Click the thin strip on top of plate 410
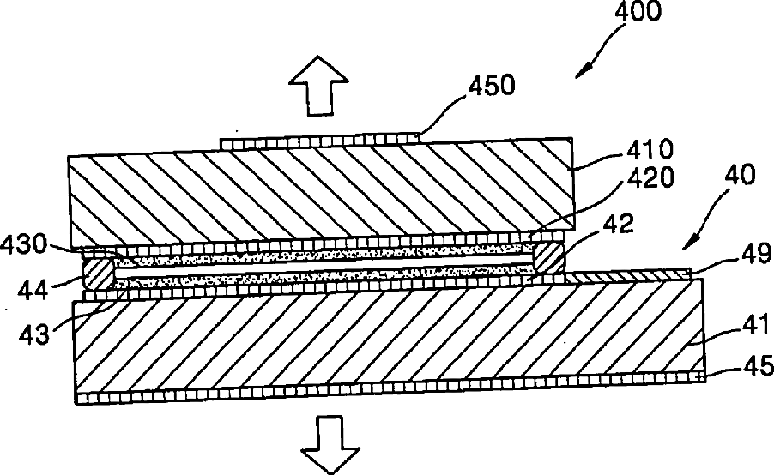pyautogui.click(x=321, y=141)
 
